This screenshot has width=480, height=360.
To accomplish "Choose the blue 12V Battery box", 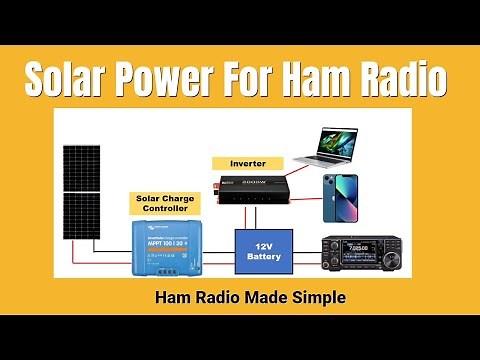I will tap(263, 251).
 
